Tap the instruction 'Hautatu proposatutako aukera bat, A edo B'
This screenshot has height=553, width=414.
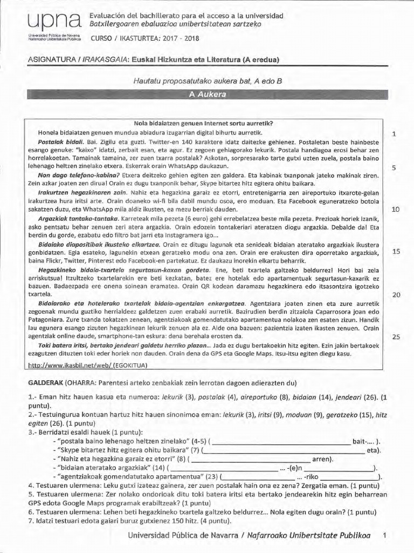[208, 80]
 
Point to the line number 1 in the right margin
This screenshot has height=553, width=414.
[395, 134]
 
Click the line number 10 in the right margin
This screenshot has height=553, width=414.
[395, 210]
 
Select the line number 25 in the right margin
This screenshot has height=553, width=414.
[395, 337]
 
